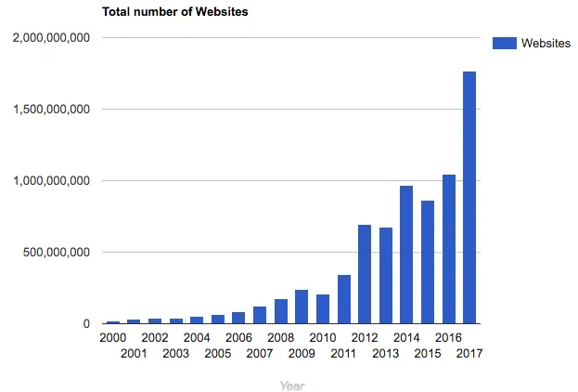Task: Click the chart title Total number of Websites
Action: pos(174,12)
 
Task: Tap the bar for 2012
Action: pos(365,274)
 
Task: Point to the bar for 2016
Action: pos(448,249)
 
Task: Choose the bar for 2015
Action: pos(428,262)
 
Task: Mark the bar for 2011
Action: pos(343,299)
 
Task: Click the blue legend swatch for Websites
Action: pos(504,43)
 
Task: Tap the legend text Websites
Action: pos(546,43)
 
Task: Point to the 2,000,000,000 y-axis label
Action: pos(51,38)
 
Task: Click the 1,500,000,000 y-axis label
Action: pos(51,110)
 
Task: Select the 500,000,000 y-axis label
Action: pos(57,253)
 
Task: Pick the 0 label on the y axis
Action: pos(84,324)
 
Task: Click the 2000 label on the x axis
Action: pos(112,337)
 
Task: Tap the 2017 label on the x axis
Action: pos(469,353)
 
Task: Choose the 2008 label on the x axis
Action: pos(280,337)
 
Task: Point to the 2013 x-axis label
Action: pos(385,353)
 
